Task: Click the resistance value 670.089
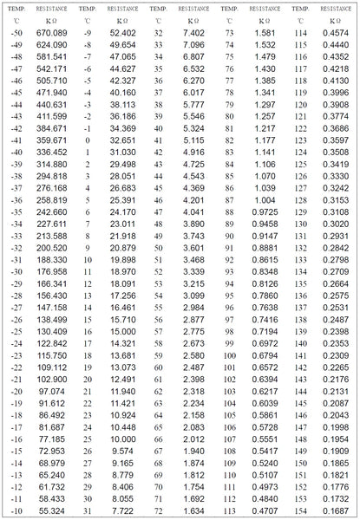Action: click(x=51, y=33)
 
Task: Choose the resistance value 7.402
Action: click(x=193, y=33)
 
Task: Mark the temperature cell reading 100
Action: click(x=229, y=355)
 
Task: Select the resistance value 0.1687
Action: click(x=336, y=511)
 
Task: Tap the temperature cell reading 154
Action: click(x=300, y=511)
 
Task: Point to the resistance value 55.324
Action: click(x=51, y=511)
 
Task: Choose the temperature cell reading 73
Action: click(x=229, y=33)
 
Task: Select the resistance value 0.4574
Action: click(x=336, y=33)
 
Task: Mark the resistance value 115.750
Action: click(x=51, y=355)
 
